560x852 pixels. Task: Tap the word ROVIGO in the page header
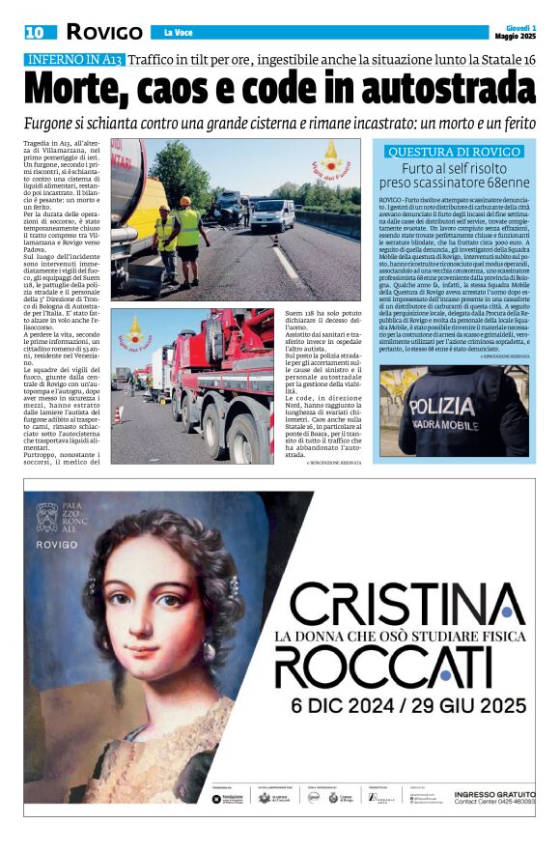105,33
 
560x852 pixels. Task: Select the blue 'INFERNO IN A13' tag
74,60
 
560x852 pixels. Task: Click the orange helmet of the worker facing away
185,201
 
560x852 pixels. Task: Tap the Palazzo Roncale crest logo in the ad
48,518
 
